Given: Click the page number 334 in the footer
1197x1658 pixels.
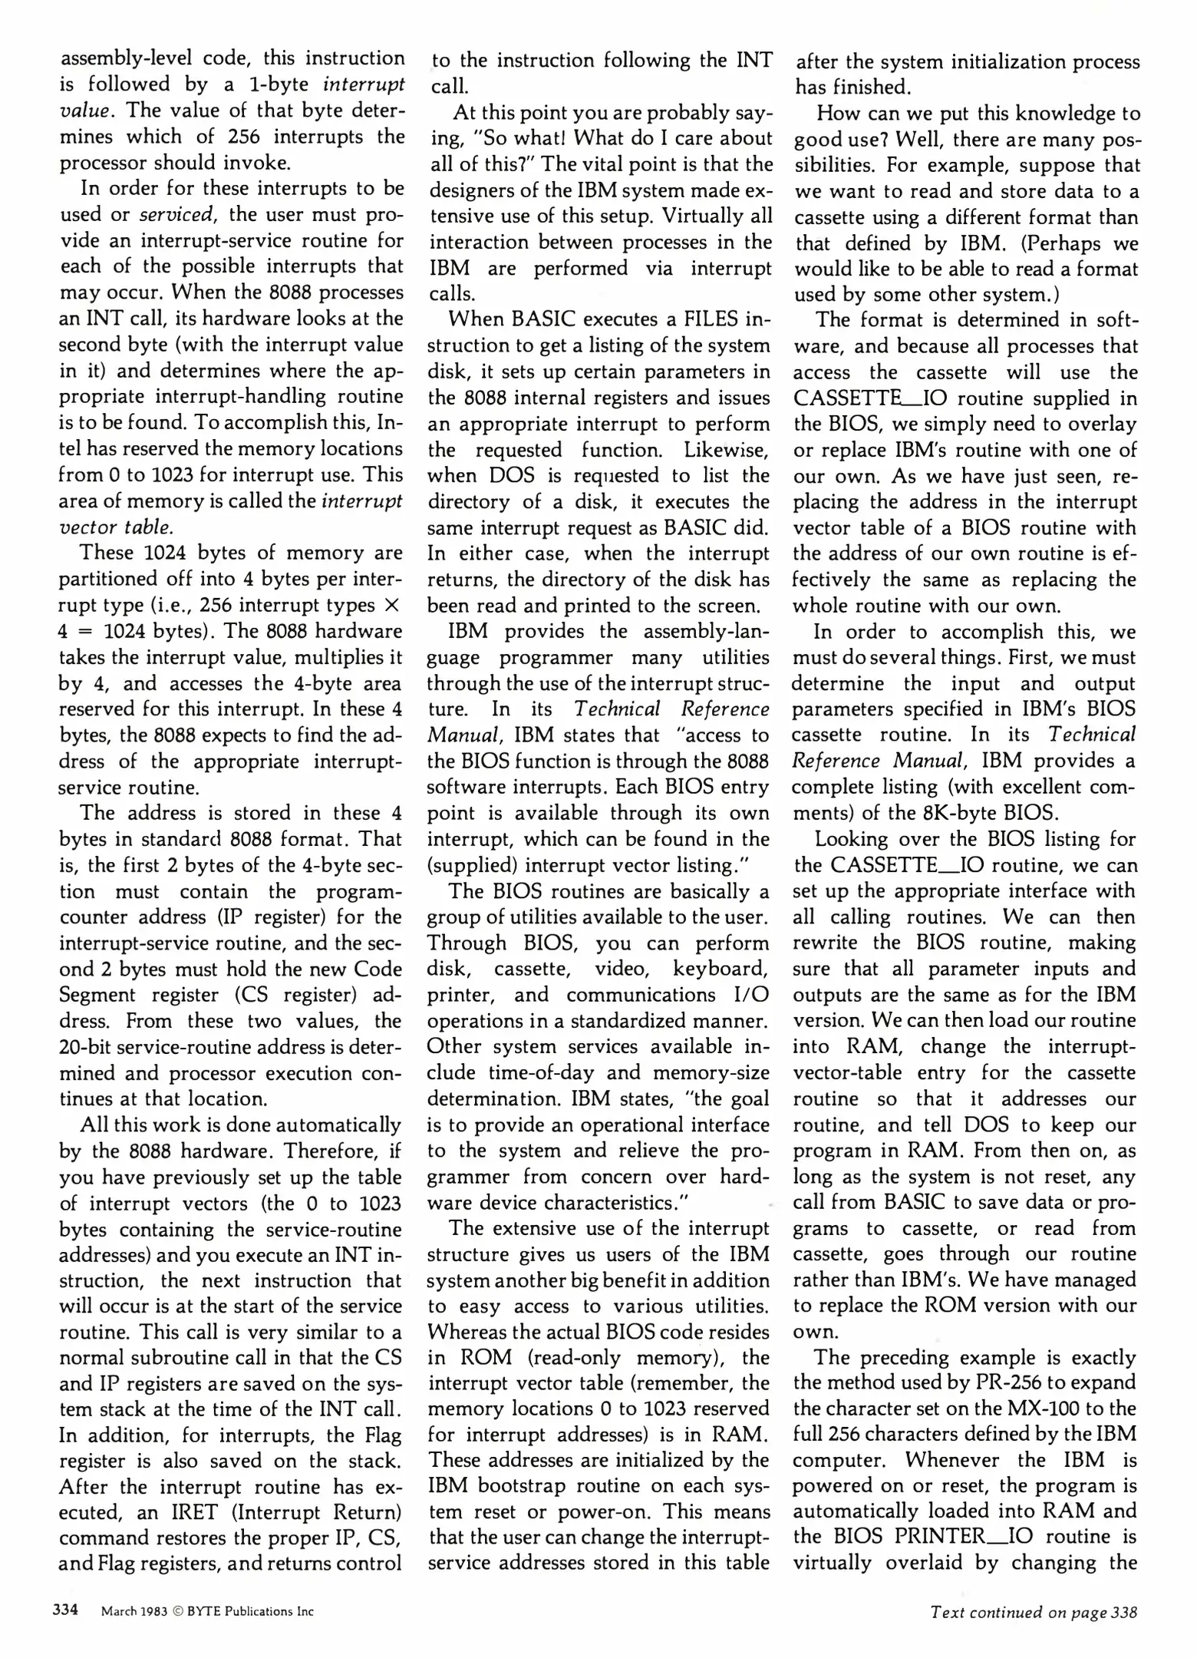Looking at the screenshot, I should point(65,1610).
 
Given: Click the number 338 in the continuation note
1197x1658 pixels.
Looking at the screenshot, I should point(1124,1612).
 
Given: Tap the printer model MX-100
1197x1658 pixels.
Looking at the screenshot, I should point(1048,1409).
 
